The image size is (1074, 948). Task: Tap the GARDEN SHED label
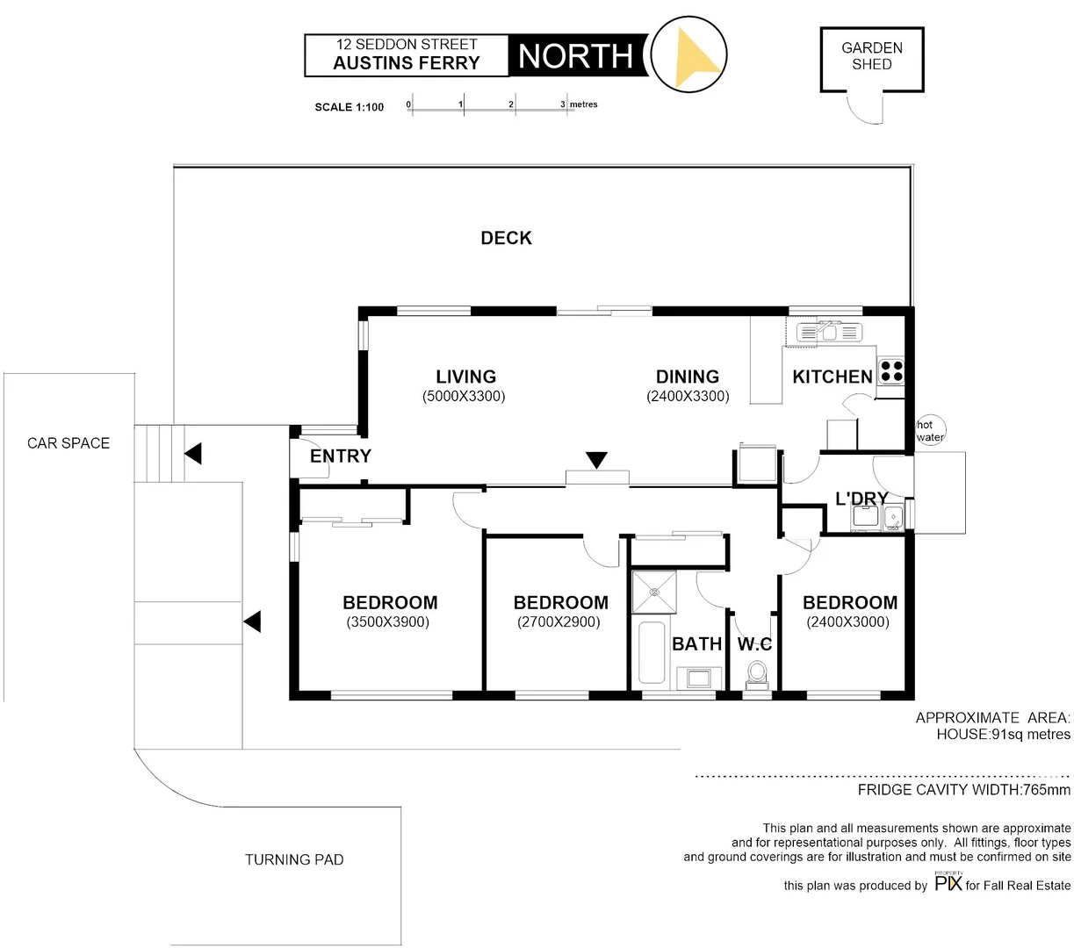click(x=871, y=56)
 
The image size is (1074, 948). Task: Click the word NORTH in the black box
click(x=575, y=56)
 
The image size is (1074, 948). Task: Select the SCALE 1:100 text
click(x=350, y=107)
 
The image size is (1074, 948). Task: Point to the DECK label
click(x=506, y=238)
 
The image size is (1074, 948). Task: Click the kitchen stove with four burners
click(x=891, y=371)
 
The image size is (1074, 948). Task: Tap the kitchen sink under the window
click(x=830, y=332)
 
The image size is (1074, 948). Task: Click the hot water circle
click(x=930, y=430)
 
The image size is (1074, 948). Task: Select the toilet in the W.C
click(x=755, y=674)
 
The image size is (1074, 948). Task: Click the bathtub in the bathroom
click(x=651, y=652)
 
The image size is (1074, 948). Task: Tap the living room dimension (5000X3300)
click(x=464, y=396)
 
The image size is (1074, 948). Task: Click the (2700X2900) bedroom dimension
click(x=559, y=622)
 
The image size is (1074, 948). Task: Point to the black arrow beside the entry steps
click(x=193, y=454)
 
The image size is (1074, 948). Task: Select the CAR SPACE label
click(x=68, y=443)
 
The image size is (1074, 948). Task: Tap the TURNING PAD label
click(x=294, y=859)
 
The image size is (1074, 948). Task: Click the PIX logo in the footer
click(x=948, y=883)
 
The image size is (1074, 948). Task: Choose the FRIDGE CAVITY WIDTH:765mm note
click(x=963, y=790)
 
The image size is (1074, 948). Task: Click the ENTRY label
click(x=341, y=456)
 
